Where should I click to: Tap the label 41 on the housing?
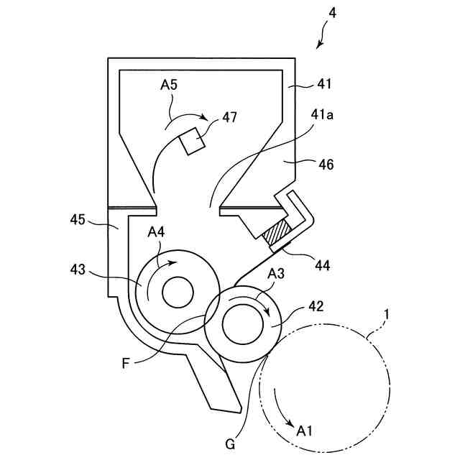[x=325, y=84]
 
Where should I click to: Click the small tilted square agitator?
[x=192, y=140]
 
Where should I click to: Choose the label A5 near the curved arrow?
[x=169, y=86]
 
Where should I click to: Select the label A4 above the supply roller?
[x=157, y=232]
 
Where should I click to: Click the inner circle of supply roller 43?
[x=178, y=292]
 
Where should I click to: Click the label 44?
[x=322, y=265]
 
